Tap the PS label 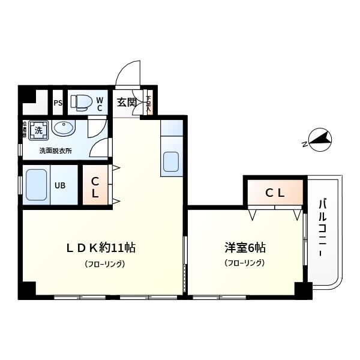pos(58,103)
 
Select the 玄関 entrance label pos(126,102)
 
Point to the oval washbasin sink pos(63,128)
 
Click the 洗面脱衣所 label pos(55,151)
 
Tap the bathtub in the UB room pos(37,185)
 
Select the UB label pos(61,185)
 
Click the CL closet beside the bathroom pos(95,187)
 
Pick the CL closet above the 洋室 pos(275,193)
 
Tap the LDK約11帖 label pos(100,247)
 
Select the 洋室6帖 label pos(245,247)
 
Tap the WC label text pos(100,104)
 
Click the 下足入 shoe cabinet pos(148,102)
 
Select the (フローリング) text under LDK pos(104,264)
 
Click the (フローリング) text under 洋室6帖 pos(244,263)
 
